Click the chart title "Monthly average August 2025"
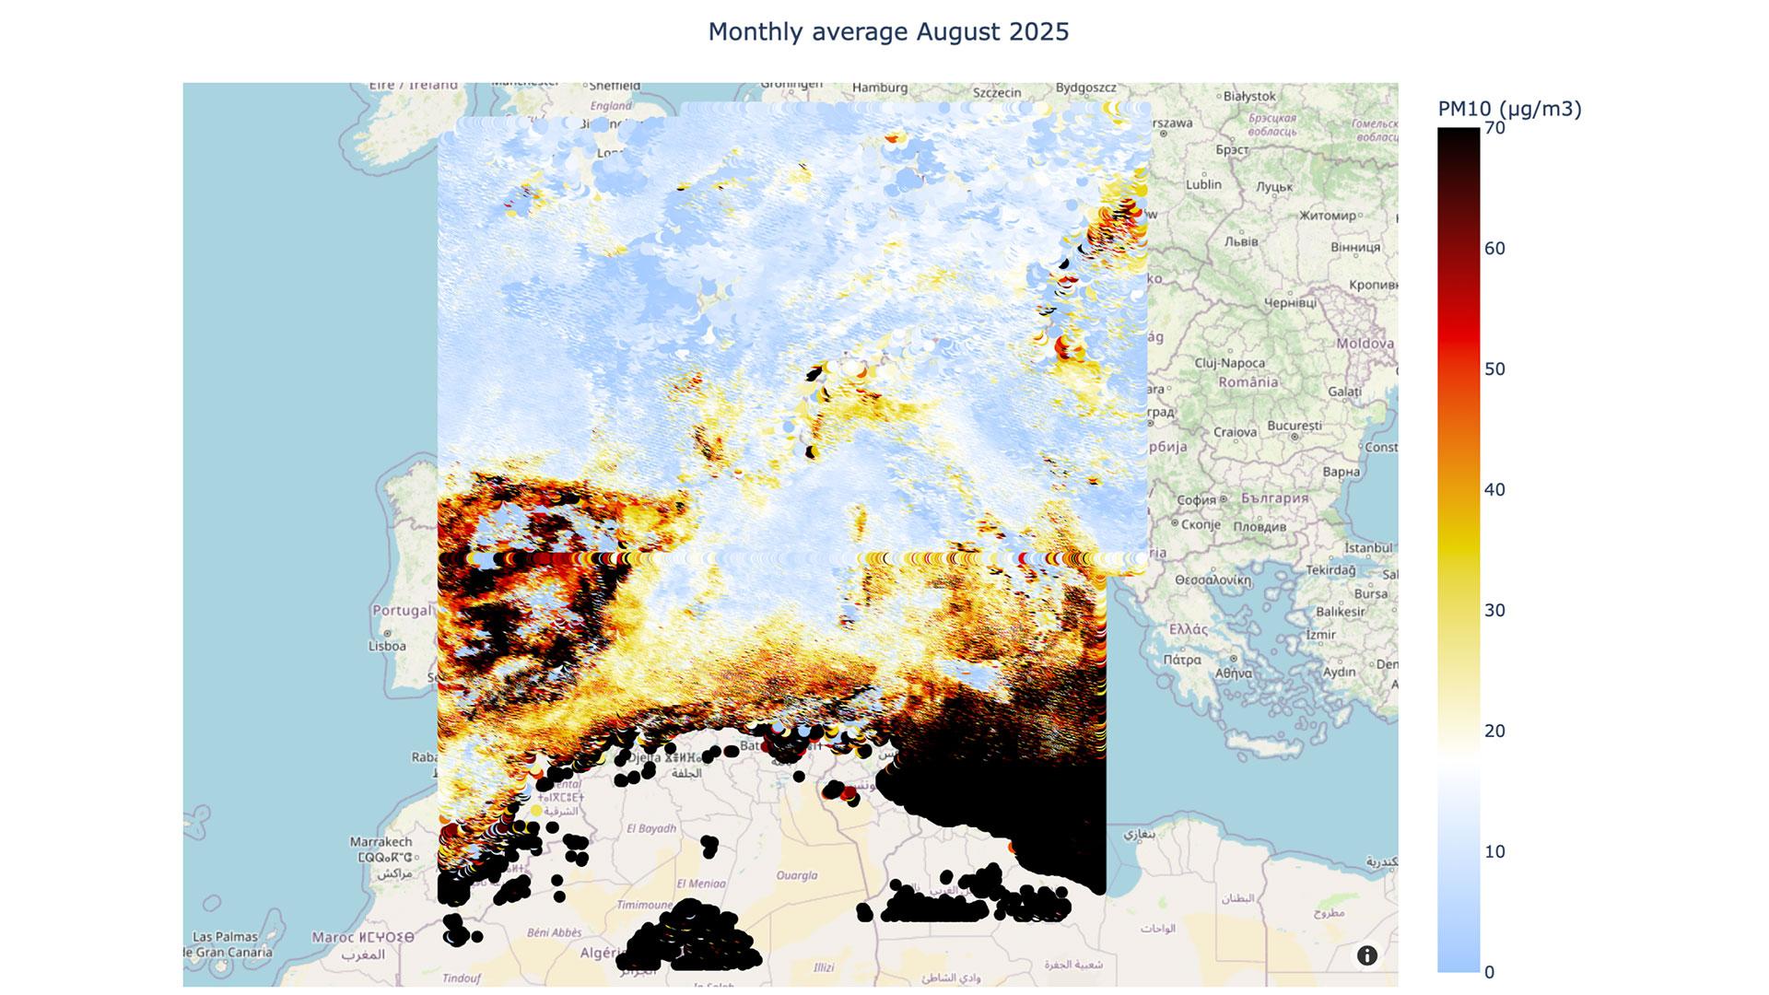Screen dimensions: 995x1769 click(888, 32)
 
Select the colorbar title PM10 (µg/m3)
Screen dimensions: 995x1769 click(1509, 110)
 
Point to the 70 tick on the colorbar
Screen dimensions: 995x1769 click(1494, 128)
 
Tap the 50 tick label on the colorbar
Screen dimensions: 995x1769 click(1494, 369)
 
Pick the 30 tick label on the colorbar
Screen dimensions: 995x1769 click(1494, 611)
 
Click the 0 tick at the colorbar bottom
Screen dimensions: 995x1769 click(1489, 972)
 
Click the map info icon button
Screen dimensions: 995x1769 click(1366, 955)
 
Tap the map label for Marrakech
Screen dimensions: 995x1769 click(381, 842)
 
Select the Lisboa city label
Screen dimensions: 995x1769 click(387, 646)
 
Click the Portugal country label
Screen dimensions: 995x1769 click(402, 610)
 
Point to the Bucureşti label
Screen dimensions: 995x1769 click(1294, 426)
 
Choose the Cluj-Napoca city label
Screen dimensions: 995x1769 click(1229, 363)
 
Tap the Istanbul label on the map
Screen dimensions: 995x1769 click(1368, 548)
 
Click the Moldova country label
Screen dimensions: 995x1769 click(1365, 344)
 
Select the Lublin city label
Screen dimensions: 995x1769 click(1203, 184)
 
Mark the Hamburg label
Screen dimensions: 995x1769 click(880, 88)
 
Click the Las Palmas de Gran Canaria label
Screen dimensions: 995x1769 click(232, 944)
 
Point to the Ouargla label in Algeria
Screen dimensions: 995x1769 click(797, 875)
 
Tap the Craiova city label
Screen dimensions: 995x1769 click(1235, 432)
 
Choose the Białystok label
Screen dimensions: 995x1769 click(1249, 96)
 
